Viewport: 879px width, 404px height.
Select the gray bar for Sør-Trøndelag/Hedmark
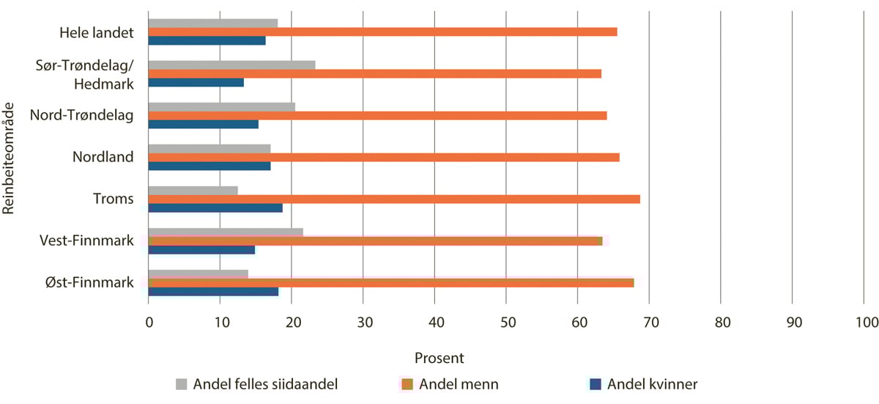231,65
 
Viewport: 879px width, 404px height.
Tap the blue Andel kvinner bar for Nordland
209,166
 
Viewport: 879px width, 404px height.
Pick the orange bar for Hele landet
382,32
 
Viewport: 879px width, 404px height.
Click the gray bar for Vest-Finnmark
226,232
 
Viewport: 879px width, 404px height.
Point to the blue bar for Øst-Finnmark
213,291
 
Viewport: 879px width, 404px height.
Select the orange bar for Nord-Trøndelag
377,115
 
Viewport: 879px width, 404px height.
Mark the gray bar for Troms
193,191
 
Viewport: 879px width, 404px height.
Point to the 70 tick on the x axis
649,322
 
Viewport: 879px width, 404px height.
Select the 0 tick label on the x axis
149,322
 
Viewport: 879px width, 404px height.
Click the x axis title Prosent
439,359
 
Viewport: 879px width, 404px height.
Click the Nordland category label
103,157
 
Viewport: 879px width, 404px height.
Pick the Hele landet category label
97,32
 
